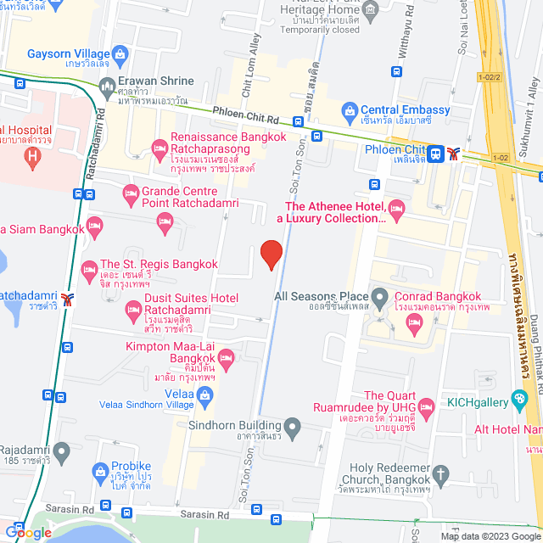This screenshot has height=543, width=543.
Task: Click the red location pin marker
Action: pos(271,255)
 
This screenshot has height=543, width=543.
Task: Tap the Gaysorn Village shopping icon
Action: pos(121,54)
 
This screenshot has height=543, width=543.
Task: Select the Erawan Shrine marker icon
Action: pos(106,86)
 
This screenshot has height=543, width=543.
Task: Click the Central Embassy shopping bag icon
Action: pos(349,109)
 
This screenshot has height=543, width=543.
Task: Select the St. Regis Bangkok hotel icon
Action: pos(89,270)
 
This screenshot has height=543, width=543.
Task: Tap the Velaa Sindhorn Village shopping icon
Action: pos(204,395)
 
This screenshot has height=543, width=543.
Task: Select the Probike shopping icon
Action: pos(100,472)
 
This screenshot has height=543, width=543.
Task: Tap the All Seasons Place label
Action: pos(322,295)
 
